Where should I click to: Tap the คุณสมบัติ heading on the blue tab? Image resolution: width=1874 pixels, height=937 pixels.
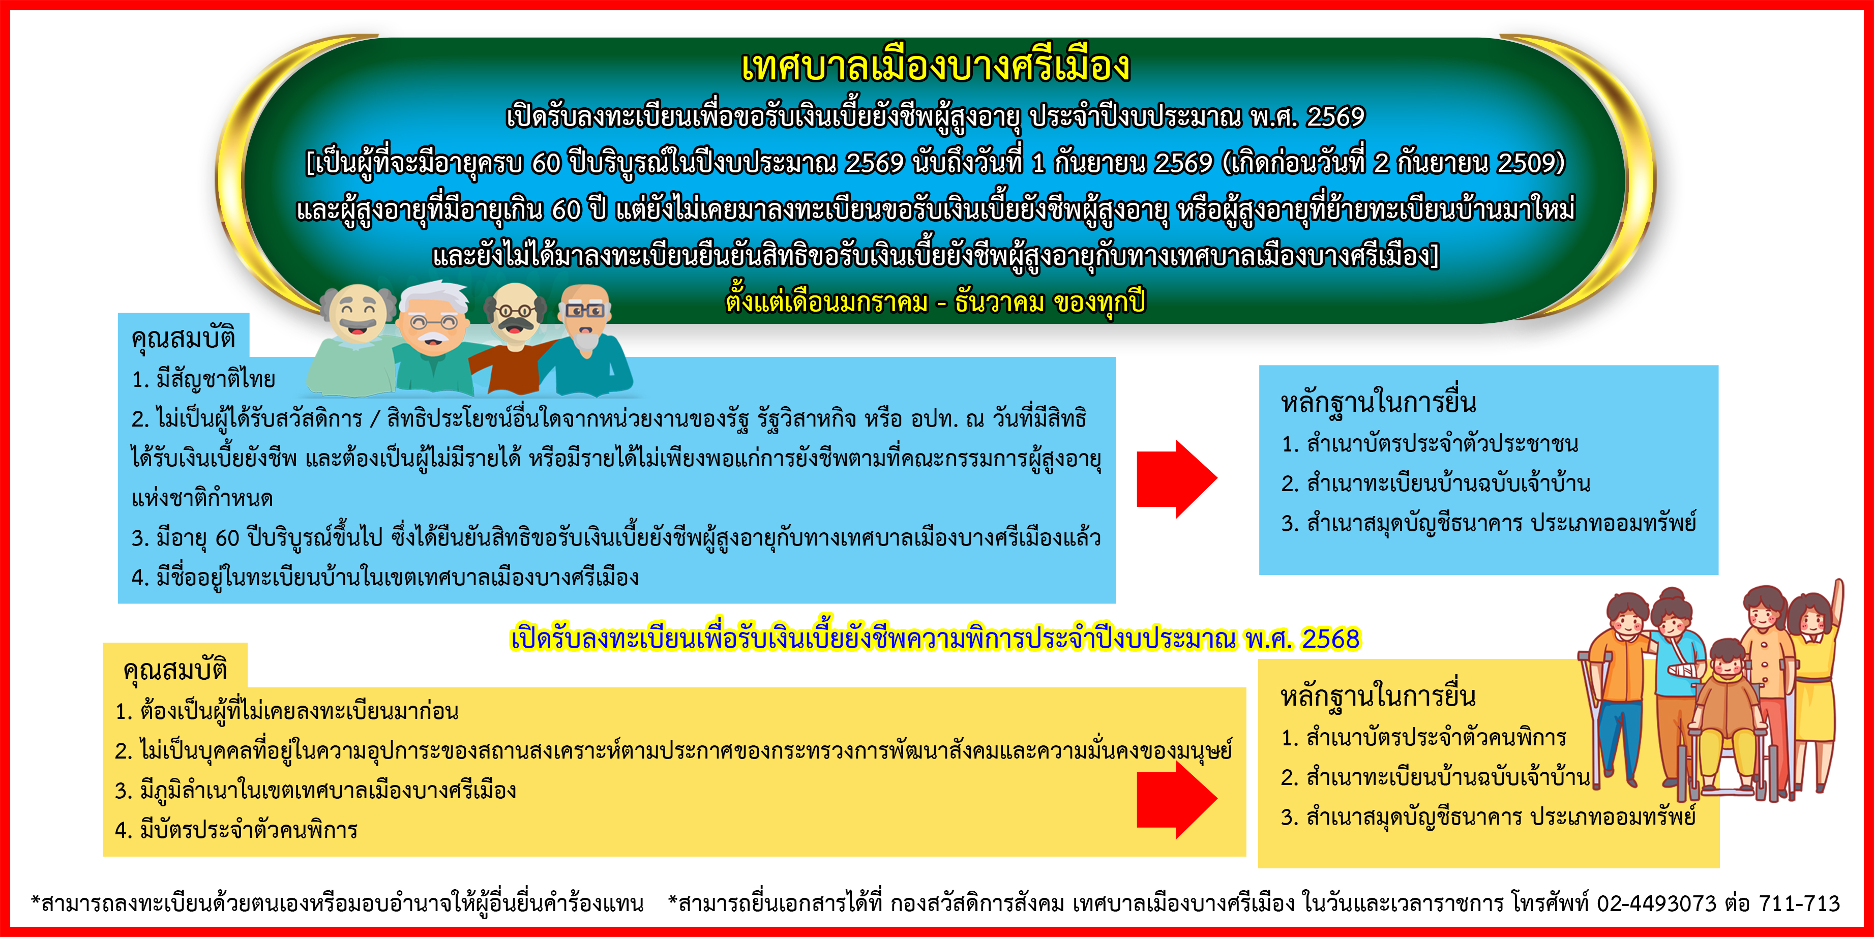183,338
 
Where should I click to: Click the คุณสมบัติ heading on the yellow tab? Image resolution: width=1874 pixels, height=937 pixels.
175,669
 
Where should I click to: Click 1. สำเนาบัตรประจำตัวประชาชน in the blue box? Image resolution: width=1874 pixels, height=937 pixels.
1430,443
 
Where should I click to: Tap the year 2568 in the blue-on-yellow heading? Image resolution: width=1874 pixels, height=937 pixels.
1330,639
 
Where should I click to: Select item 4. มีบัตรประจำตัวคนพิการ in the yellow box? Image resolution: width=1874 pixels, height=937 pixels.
236,829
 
